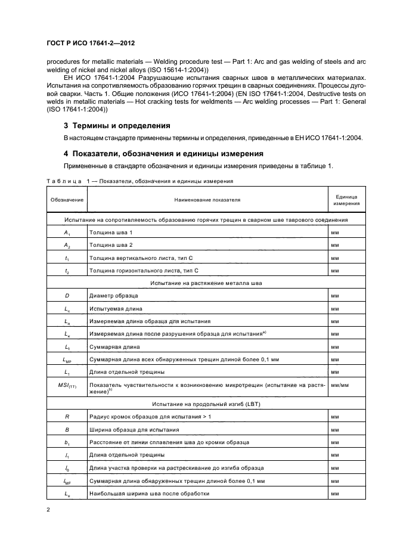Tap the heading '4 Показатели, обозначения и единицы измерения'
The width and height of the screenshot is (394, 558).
[x=162, y=153]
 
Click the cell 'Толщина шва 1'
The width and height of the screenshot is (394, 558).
[x=111, y=232]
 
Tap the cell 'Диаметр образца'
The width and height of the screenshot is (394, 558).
[x=114, y=295]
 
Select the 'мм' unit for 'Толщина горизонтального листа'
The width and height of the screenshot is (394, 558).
[x=335, y=270]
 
